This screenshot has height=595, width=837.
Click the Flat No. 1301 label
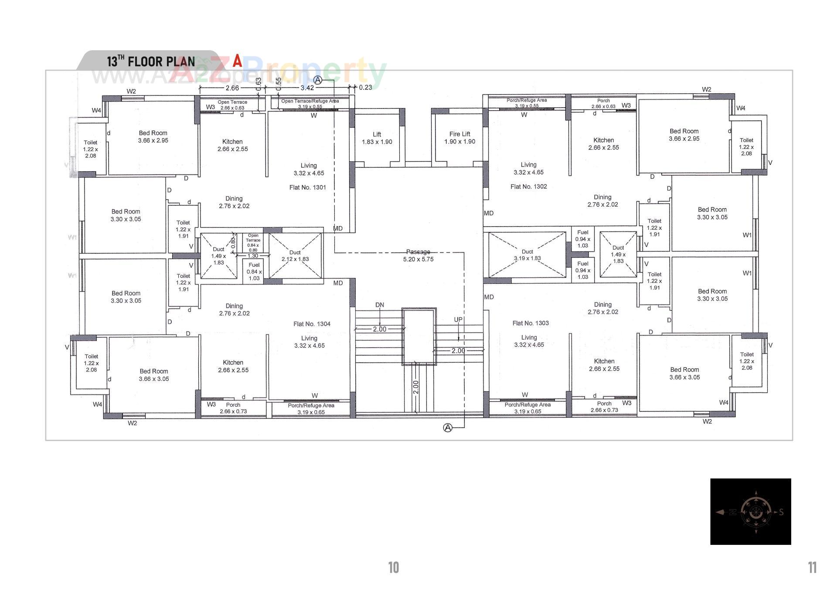307,187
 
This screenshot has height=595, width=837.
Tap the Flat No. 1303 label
530,323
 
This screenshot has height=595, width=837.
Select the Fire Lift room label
459,138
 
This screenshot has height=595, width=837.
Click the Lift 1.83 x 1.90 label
377,138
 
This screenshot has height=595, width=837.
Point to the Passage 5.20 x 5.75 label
418,255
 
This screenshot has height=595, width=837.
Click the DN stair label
379,305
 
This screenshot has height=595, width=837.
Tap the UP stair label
458,320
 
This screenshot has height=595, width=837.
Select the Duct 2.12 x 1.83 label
295,256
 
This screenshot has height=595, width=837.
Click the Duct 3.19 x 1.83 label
527,255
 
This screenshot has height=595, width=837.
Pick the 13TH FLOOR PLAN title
151,61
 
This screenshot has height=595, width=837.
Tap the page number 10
393,568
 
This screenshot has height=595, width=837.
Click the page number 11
812,568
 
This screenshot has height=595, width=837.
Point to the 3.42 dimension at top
307,88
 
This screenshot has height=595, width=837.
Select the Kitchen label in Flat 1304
233,366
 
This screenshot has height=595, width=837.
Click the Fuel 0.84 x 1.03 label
254,271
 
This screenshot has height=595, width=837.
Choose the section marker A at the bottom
447,428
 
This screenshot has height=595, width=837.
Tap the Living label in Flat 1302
528,168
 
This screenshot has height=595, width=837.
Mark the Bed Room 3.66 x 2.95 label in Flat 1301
153,137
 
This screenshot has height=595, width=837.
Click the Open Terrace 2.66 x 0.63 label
232,105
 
